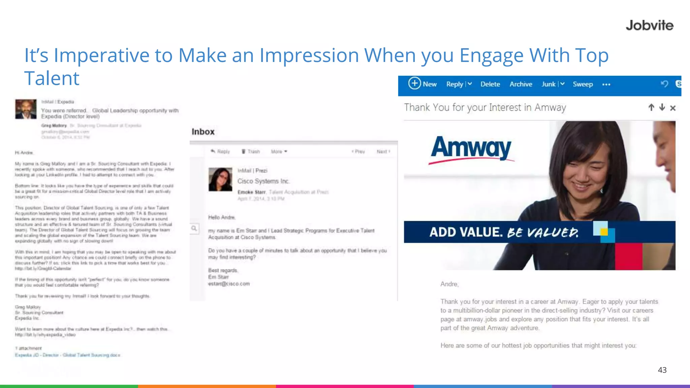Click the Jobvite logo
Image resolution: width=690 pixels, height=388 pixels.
coord(649,26)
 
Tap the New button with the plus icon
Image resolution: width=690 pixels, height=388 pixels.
coord(422,84)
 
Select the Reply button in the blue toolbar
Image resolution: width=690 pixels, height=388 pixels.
coord(454,84)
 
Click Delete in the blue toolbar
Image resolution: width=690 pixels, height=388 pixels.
coord(490,84)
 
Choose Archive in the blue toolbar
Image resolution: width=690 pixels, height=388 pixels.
coord(521,84)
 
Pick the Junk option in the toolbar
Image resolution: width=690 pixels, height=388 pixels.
coord(548,84)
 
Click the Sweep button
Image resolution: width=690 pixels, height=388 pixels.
coord(583,84)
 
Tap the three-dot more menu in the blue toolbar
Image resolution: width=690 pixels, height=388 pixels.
coord(606,85)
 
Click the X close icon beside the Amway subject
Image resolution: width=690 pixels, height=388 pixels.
coord(672,108)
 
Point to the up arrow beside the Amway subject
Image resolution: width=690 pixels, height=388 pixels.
coord(651,107)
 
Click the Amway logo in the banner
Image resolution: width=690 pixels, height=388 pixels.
coord(471,148)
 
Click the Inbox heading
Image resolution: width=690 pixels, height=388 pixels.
coord(203,132)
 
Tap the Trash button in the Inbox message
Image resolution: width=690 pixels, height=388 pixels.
coord(251,152)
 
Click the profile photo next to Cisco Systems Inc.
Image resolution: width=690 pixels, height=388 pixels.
coord(220,180)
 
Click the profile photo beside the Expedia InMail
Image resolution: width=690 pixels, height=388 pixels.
coord(26,109)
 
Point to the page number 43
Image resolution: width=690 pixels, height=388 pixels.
coord(662,370)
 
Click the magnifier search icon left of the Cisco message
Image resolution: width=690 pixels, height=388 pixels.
coord(194,228)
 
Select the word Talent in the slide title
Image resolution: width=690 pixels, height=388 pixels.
coord(52,78)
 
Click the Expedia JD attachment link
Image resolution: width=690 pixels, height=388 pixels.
coord(67,355)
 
